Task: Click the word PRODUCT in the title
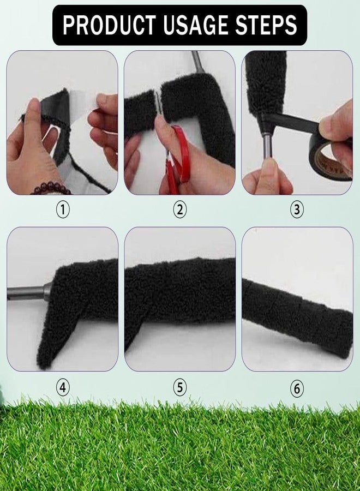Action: tap(109, 25)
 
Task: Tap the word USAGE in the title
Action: tap(196, 25)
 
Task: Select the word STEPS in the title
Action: tap(266, 25)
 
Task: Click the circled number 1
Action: tap(63, 209)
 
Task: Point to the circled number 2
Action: tap(179, 209)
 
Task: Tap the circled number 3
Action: tap(297, 209)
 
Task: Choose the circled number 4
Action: tap(63, 388)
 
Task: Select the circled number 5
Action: tap(179, 388)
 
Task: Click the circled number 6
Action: tap(297, 388)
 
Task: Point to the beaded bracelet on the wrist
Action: tap(51, 189)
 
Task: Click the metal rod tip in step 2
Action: tap(198, 62)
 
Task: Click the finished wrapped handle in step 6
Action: tap(297, 318)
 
